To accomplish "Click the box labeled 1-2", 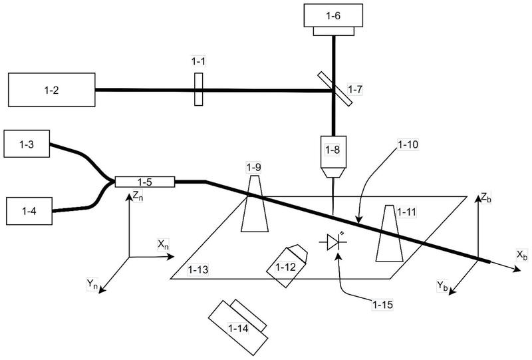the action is [52, 90].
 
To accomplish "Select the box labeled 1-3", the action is [27, 144].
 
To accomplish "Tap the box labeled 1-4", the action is [29, 211].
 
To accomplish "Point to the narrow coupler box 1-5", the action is [145, 182].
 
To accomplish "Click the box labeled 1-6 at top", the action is [333, 19].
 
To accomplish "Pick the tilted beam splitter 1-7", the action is [335, 89].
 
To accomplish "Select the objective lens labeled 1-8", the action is [334, 157].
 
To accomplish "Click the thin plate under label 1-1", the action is [199, 89].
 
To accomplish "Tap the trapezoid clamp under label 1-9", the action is [255, 204].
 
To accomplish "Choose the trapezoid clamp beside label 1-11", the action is [390, 234].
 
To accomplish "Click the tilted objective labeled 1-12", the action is [287, 266].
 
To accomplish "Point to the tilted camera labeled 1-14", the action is [238, 327].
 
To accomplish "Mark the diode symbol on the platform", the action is [333, 242].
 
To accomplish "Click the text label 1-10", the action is [408, 144].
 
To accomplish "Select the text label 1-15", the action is [383, 305].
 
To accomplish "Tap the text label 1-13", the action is [198, 270].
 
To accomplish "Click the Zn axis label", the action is [138, 196].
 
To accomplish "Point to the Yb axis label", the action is [442, 285].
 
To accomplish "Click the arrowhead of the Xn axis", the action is [172, 257].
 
